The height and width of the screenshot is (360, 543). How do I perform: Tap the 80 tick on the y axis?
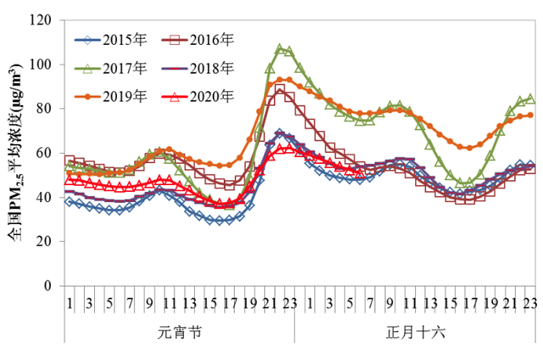[x=43, y=109]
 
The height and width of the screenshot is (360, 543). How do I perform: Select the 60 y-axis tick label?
[x=43, y=153]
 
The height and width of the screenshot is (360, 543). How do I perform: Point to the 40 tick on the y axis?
[x=43, y=197]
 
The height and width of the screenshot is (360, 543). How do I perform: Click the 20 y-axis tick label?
[x=43, y=241]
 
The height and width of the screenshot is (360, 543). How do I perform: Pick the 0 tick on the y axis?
[x=47, y=285]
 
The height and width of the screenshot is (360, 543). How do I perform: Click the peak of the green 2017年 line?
[x=280, y=48]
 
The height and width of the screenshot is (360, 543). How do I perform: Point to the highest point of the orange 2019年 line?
[x=284, y=80]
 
